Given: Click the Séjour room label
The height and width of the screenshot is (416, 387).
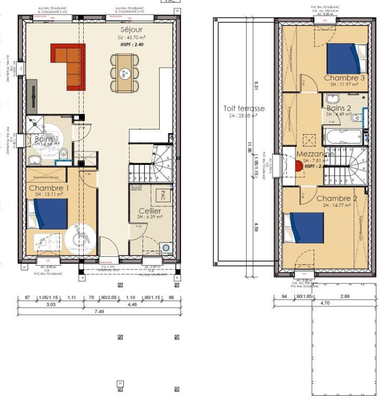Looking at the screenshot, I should click(127, 30).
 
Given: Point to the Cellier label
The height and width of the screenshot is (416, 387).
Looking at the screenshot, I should click(149, 211).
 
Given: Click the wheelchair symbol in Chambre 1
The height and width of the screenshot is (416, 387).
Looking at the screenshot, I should click(81, 238).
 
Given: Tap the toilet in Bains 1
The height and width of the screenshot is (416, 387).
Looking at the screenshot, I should click(63, 153).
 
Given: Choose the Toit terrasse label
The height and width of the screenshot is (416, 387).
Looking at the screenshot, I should click(244, 109).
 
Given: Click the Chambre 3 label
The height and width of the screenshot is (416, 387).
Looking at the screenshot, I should click(344, 78).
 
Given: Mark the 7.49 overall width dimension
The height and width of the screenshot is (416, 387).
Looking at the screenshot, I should click(99, 311).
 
